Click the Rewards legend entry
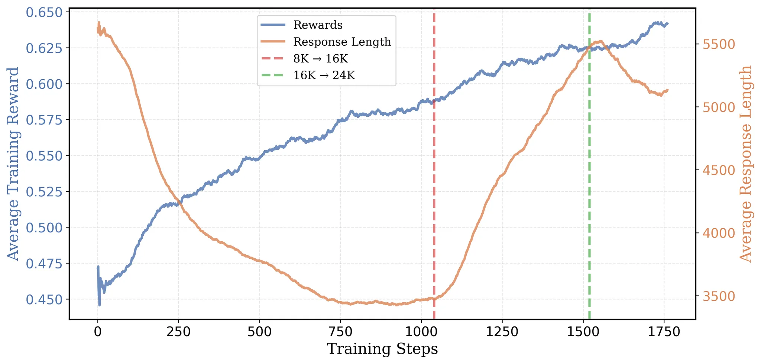pyautogui.click(x=318, y=25)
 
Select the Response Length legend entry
pyautogui.click(x=342, y=42)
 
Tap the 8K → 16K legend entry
pyautogui.click(x=320, y=59)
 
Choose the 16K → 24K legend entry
pyautogui.click(x=324, y=75)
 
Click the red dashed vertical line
pyautogui.click(x=434, y=186)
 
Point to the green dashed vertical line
pyautogui.click(x=590, y=186)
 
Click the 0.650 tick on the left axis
pyautogui.click(x=44, y=13)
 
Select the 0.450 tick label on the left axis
pyautogui.click(x=44, y=299)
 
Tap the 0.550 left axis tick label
pyautogui.click(x=44, y=156)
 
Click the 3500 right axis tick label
pyautogui.click(x=718, y=296)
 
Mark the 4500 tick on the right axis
pyautogui.click(x=718, y=170)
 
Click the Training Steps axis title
pyautogui.click(x=382, y=349)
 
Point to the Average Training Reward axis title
pyautogui.click(x=13, y=164)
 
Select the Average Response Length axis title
pyautogui.click(x=745, y=164)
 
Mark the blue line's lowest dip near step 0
pyautogui.click(x=100, y=305)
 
